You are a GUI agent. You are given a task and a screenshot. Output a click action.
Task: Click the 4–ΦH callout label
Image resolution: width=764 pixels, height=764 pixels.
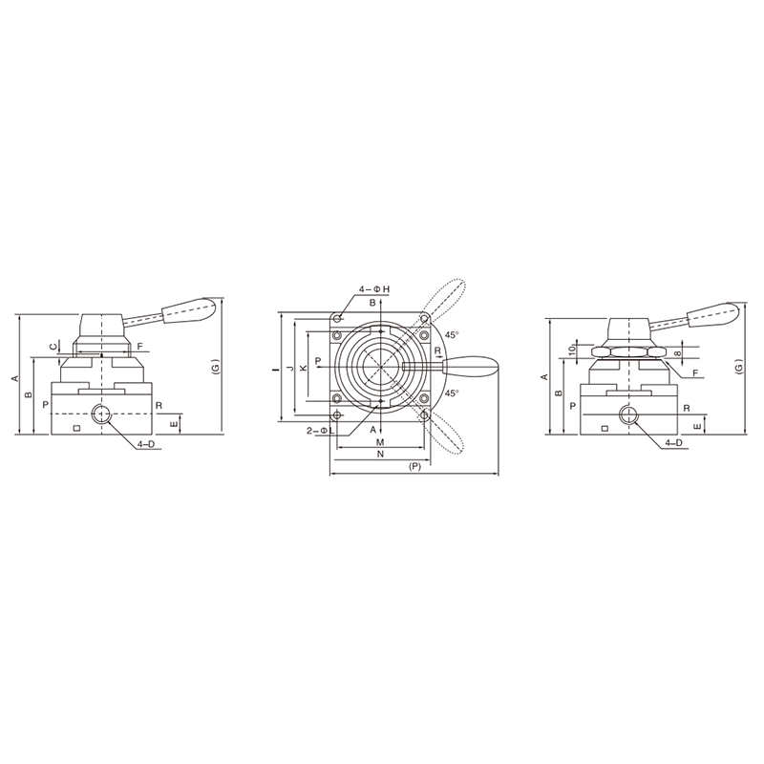tap(374, 289)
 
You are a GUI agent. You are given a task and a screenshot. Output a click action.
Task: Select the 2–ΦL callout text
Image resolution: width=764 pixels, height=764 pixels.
tap(320, 431)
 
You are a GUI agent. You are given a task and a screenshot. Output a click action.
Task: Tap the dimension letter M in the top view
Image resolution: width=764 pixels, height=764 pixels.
tap(381, 442)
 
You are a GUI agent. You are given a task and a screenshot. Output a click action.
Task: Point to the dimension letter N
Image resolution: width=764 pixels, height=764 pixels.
tap(381, 455)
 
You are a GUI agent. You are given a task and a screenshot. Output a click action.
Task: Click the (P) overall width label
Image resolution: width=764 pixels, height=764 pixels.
tap(414, 466)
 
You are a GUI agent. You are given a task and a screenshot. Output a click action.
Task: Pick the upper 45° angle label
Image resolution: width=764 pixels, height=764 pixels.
tap(452, 335)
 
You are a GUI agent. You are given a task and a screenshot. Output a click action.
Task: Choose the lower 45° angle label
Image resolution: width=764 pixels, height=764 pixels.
tap(452, 393)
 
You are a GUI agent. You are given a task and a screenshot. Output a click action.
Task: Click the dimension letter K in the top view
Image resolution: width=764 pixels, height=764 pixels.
tap(304, 368)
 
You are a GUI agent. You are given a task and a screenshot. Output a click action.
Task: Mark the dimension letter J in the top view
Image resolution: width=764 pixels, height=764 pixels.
tap(290, 368)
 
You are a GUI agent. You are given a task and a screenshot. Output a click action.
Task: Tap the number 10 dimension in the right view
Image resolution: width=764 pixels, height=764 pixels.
tap(572, 349)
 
